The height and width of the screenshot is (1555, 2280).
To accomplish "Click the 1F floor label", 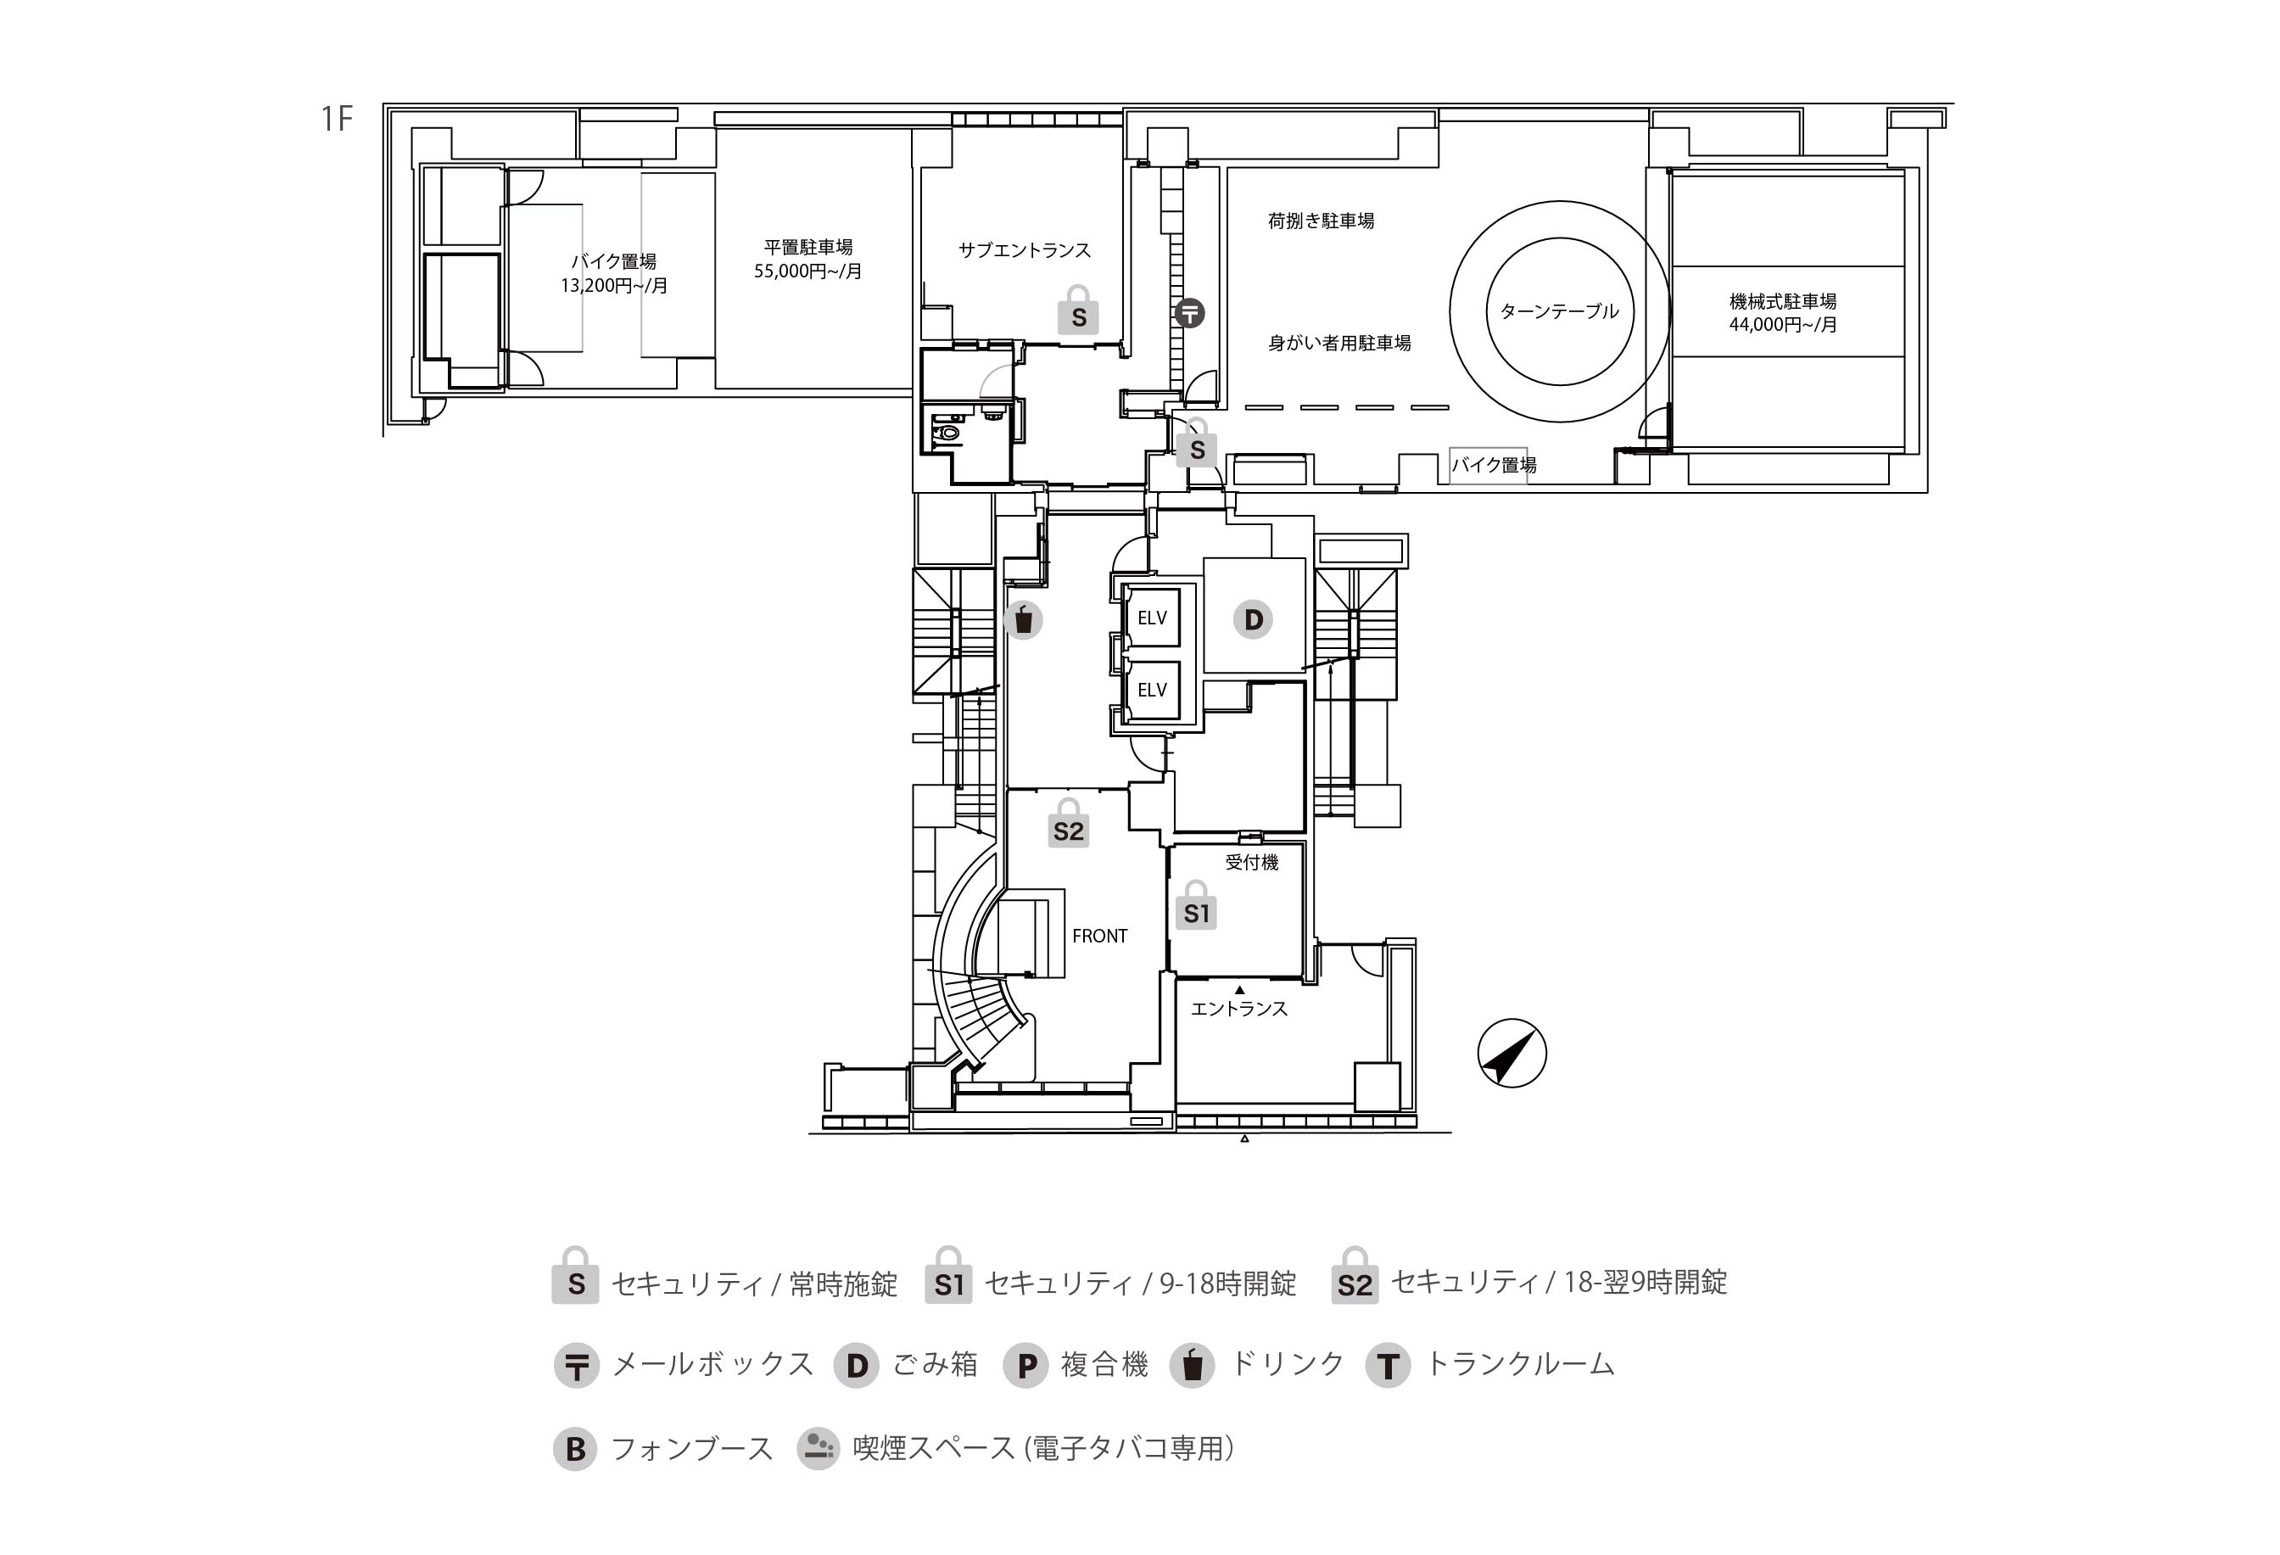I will click(x=336, y=119).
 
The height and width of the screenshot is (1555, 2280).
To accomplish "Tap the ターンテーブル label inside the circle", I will click(x=1559, y=312).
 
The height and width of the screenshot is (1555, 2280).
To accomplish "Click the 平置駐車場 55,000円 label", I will click(x=807, y=259).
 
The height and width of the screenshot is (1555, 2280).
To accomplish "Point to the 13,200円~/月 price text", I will click(x=614, y=287).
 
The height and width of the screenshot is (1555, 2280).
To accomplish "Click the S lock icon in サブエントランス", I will click(x=1078, y=313).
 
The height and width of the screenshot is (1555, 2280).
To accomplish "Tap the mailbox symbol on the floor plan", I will click(x=1189, y=313).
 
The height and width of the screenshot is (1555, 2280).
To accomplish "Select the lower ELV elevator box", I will click(x=1152, y=691).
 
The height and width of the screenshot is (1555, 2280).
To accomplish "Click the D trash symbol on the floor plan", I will click(x=1253, y=620).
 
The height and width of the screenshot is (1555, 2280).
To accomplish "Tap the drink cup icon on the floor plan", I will click(x=1023, y=620).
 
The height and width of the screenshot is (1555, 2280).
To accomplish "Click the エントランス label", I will click(x=1238, y=1009).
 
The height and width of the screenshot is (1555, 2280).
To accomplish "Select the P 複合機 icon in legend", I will click(x=1026, y=1366).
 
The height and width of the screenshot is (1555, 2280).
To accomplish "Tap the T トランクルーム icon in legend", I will click(x=1387, y=1366).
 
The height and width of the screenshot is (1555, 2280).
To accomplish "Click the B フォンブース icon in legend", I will click(x=575, y=1449).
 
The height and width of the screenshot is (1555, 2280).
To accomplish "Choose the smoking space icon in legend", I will click(x=817, y=1448).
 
